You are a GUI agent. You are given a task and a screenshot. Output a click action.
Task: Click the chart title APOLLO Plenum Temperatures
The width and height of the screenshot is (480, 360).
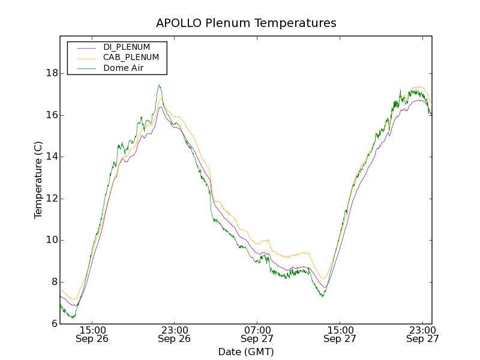point(246,23)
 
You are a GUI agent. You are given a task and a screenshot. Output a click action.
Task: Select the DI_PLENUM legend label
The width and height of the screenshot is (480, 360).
point(127,47)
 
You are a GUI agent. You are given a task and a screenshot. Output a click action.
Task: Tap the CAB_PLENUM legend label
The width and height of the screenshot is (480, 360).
point(131,58)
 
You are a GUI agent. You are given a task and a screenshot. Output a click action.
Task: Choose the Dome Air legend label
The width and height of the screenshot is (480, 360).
point(124,68)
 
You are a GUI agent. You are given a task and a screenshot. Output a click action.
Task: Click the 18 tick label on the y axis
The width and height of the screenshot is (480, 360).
point(52,73)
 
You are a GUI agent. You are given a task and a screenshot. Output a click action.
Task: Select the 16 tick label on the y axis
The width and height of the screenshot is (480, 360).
point(52,115)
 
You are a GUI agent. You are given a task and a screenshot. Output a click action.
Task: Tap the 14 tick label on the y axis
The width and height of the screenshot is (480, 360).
point(52,157)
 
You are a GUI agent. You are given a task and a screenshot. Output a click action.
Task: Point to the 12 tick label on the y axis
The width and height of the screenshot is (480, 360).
point(52,199)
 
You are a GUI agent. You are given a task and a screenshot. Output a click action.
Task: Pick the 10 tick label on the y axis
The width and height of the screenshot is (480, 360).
point(52,240)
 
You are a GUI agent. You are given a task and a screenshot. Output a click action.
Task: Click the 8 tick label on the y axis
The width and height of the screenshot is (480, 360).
point(55,282)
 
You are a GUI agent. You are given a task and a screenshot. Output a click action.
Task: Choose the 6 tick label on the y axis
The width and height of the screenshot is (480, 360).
point(55,323)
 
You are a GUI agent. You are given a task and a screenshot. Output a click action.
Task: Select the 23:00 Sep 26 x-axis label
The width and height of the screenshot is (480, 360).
point(174,334)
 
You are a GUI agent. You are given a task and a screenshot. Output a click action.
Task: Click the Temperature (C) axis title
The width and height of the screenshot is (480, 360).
point(38,180)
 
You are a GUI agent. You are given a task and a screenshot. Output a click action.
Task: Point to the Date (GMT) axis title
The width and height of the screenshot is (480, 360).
point(246,352)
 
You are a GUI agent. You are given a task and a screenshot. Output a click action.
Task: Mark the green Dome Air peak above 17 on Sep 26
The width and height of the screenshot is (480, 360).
point(159,85)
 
